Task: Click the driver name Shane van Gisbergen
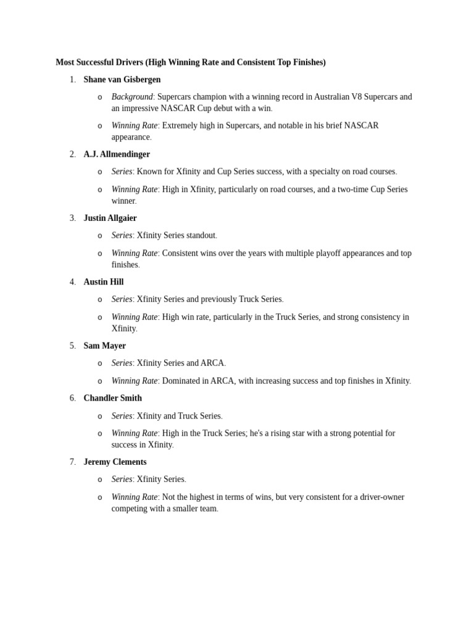[x=122, y=80]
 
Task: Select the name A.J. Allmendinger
[x=117, y=154]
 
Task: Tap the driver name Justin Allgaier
[x=110, y=218]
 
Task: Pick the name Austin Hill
[x=103, y=282]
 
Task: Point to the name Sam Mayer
[x=104, y=346]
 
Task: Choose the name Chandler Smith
[x=112, y=398]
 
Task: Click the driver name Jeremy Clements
[x=115, y=462]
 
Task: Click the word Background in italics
[x=131, y=97]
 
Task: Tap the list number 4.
[x=72, y=282]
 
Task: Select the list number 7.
[x=72, y=462]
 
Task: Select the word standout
[x=199, y=235]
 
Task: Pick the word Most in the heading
[x=64, y=62]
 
